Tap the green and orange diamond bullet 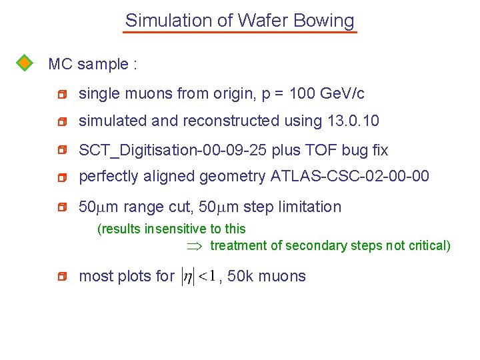(24, 63)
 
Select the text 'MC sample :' (93, 65)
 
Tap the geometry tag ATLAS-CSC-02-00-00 (350, 177)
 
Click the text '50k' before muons (240, 277)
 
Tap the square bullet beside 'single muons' (62, 95)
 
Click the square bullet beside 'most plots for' (62, 277)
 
